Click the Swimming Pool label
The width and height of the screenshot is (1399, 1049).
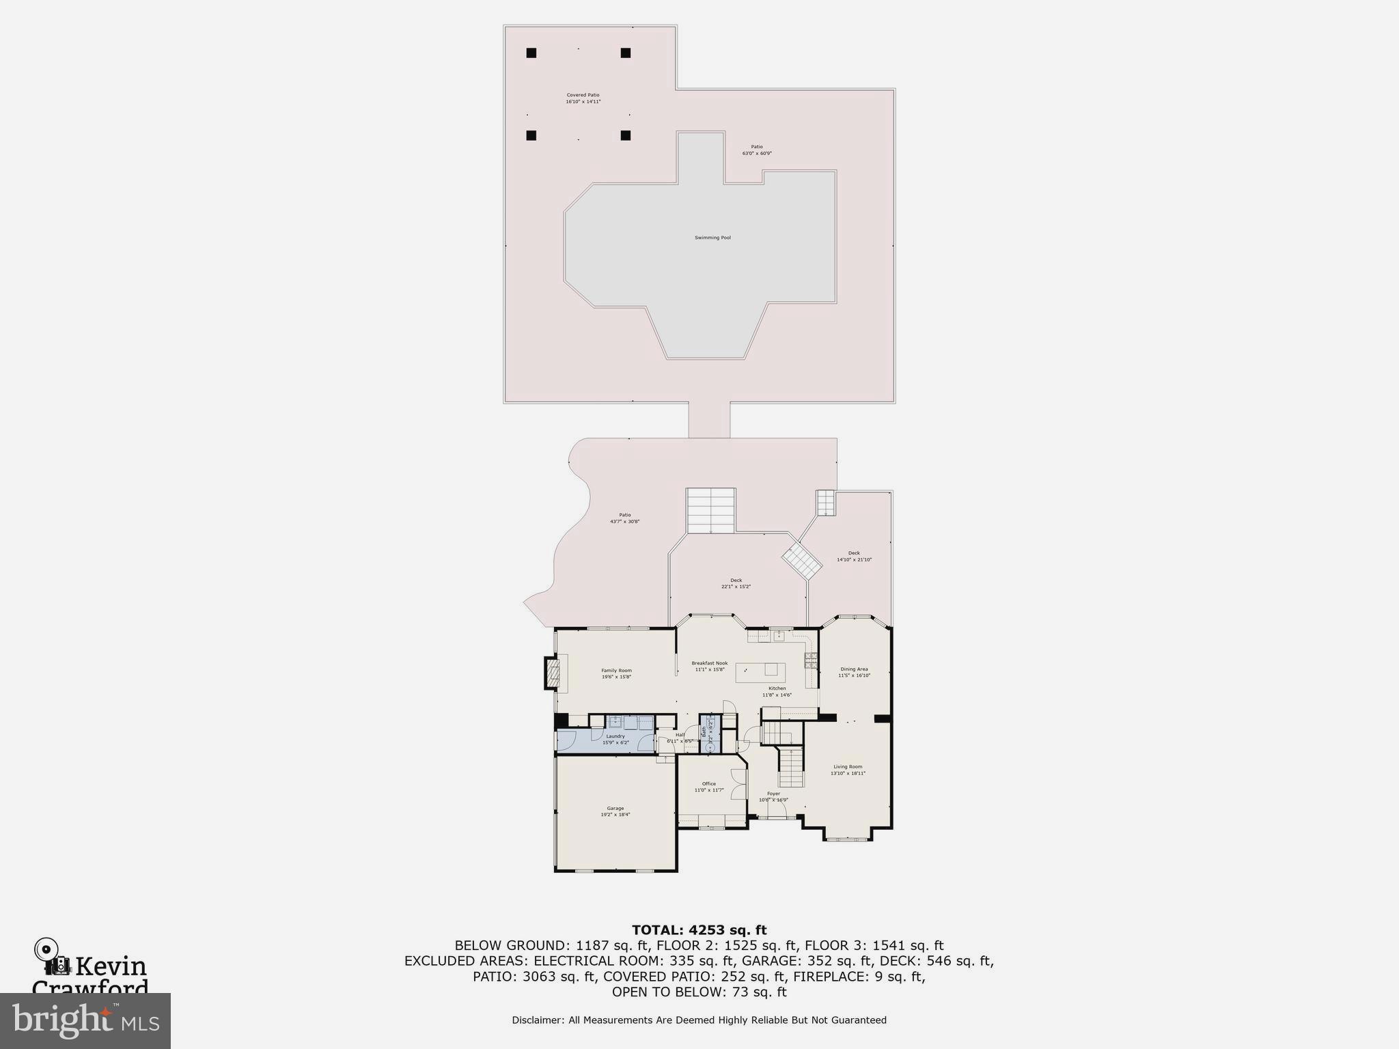[712, 238]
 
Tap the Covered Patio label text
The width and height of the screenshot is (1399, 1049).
[583, 98]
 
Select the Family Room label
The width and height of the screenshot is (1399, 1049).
[616, 673]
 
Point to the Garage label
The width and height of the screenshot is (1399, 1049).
[615, 811]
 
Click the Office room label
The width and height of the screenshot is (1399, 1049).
[709, 787]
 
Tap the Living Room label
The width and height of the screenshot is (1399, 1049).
[848, 770]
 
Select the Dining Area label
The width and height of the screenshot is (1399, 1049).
[854, 672]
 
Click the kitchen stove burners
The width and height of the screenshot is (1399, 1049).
[811, 660]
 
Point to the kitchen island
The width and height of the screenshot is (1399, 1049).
[760, 672]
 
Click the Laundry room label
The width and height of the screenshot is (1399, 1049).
[615, 739]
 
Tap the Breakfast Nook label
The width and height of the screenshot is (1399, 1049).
[710, 666]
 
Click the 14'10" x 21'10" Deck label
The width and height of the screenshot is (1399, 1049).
[854, 557]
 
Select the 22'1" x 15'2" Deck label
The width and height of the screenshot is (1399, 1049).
[736, 583]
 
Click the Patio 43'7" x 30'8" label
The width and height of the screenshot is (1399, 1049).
[624, 518]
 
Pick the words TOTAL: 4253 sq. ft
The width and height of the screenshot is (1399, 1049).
[699, 930]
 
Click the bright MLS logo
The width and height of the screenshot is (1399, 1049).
[85, 1020]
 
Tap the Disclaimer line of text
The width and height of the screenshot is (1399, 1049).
[699, 1020]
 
